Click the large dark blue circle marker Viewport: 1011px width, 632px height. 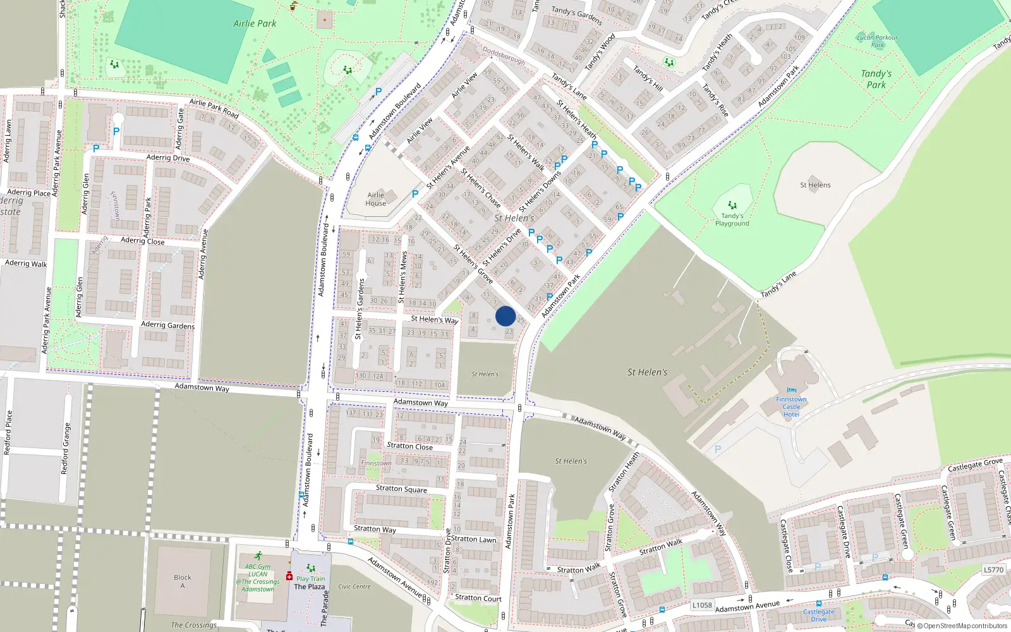(x=505, y=316)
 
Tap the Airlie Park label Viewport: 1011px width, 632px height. (x=255, y=23)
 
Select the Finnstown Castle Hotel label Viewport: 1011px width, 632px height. (x=791, y=406)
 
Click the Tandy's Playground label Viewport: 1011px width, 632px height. (x=732, y=219)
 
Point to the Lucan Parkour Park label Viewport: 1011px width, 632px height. (x=877, y=41)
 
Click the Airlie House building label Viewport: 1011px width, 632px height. (x=375, y=199)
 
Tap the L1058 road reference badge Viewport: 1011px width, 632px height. (x=701, y=605)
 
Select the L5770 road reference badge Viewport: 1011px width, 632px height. (x=993, y=569)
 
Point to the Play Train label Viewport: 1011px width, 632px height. (x=310, y=578)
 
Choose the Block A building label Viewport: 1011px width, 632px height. (x=183, y=581)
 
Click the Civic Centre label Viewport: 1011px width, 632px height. (x=354, y=586)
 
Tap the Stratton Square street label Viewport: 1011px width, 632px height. (x=401, y=489)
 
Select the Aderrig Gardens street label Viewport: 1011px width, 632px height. (x=167, y=325)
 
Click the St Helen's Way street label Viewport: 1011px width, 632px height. (x=434, y=319)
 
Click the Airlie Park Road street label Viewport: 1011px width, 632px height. (x=214, y=109)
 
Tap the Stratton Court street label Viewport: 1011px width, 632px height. (x=478, y=598)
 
